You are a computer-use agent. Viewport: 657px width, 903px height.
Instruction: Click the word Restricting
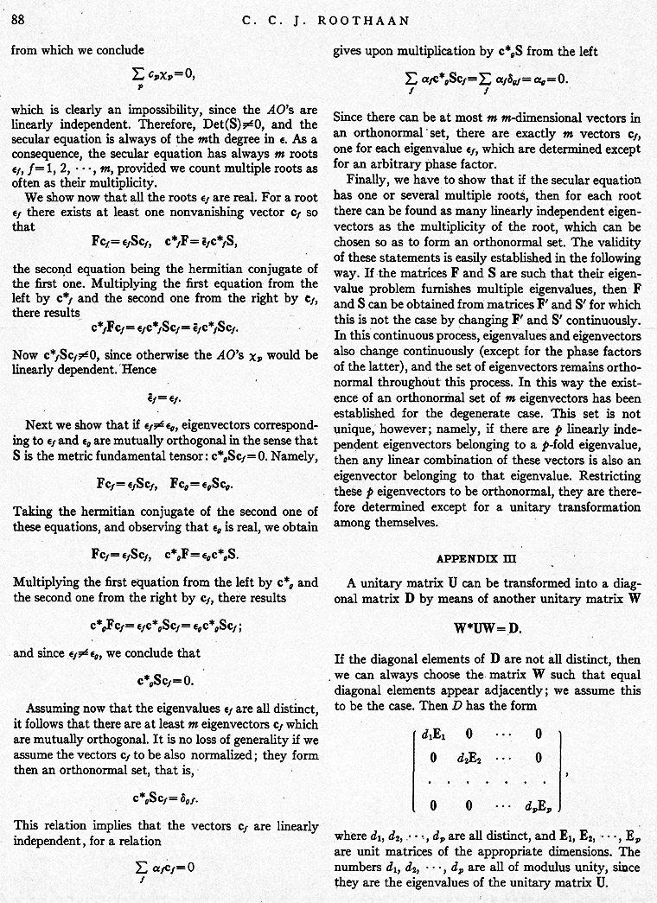pos(607,476)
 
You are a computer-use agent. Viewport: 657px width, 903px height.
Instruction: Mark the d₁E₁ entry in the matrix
pos(432,736)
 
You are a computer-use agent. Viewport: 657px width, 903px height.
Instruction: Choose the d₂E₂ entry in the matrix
pos(469,760)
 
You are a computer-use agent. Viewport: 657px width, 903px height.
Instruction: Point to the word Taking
pos(32,510)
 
